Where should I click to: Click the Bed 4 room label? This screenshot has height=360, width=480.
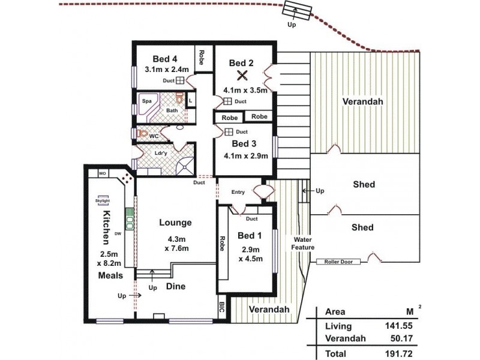pyautogui.click(x=165, y=59)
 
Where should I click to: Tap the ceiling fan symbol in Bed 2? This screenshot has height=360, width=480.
pyautogui.click(x=243, y=76)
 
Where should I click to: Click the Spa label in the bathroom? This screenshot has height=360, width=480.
pyautogui.click(x=146, y=101)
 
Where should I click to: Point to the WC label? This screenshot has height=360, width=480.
pyautogui.click(x=153, y=136)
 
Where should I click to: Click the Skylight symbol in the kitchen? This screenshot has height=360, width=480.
pyautogui.click(x=101, y=202)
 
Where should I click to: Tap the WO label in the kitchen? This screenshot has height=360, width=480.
pyautogui.click(x=102, y=173)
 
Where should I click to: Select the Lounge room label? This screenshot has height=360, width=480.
pyautogui.click(x=175, y=223)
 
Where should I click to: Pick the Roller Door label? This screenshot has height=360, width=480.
pyautogui.click(x=337, y=262)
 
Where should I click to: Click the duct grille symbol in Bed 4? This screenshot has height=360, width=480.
pyautogui.click(x=179, y=81)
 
